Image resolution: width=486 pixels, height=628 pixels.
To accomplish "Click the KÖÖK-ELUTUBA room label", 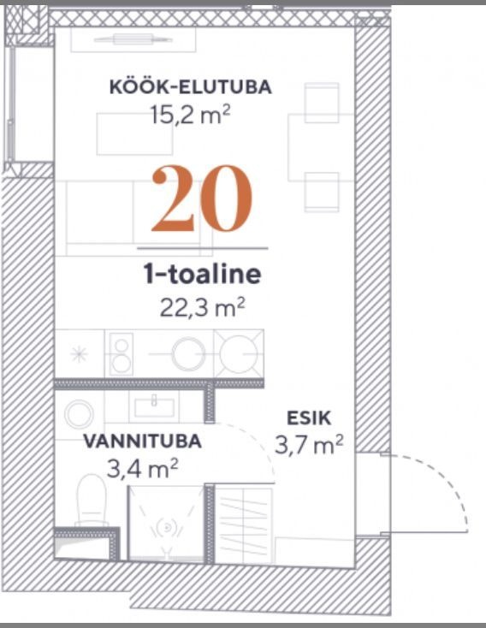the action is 191,86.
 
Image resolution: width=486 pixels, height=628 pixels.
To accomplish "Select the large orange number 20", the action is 202,198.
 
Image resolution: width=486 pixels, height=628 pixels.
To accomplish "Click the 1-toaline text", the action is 202,274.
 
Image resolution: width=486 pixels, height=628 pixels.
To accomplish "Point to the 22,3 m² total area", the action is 202,307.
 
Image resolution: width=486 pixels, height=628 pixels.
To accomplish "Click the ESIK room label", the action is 309,418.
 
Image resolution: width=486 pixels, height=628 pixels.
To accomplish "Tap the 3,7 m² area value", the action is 309,445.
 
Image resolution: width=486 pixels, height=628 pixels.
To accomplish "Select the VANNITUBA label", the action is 142,441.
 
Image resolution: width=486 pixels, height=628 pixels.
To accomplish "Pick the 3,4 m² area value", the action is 142,469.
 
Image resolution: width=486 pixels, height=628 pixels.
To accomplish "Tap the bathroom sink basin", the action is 154,407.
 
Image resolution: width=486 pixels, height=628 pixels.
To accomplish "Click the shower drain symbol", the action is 167,527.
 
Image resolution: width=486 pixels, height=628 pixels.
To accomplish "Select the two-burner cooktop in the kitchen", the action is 121,354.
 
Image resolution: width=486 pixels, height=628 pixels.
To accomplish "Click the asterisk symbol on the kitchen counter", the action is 79,354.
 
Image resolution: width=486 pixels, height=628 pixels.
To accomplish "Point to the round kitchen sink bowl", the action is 188,354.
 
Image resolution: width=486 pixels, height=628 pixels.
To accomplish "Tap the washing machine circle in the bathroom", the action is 80,413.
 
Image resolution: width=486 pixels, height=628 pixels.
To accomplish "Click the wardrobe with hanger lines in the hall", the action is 244,524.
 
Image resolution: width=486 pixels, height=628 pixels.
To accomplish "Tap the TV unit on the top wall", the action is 133,39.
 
